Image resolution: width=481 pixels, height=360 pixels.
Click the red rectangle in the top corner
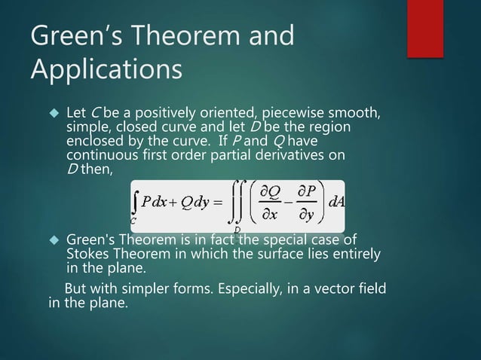pyautogui.click(x=430, y=27)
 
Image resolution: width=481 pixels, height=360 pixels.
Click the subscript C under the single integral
pyautogui.click(x=133, y=222)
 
